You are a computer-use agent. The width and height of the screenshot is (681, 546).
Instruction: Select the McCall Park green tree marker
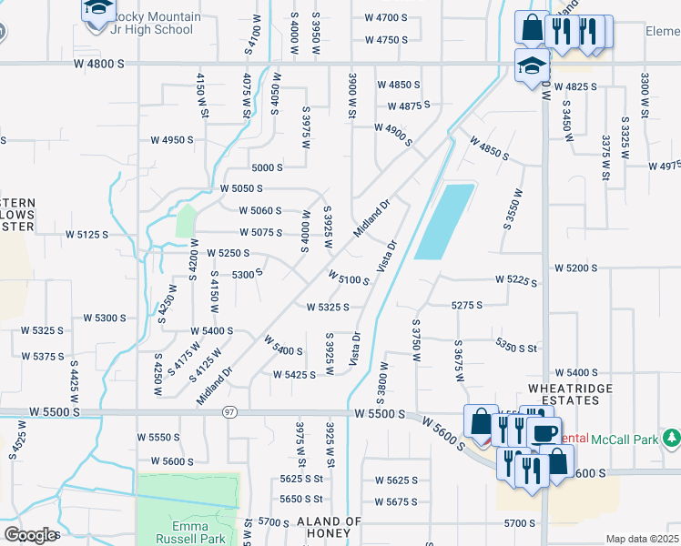[672, 439]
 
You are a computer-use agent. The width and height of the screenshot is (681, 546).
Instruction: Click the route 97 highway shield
[230, 412]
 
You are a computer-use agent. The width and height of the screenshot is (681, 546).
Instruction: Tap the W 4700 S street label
[386, 17]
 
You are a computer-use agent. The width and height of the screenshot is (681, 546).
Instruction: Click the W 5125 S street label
[86, 234]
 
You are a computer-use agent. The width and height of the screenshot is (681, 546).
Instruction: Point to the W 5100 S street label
[348, 277]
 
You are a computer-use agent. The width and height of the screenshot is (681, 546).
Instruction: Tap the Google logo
[30, 535]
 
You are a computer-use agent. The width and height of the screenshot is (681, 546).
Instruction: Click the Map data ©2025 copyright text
[641, 539]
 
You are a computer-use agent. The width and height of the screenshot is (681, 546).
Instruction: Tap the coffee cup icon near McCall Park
[544, 434]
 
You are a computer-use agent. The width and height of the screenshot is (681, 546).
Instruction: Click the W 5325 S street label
[329, 308]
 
